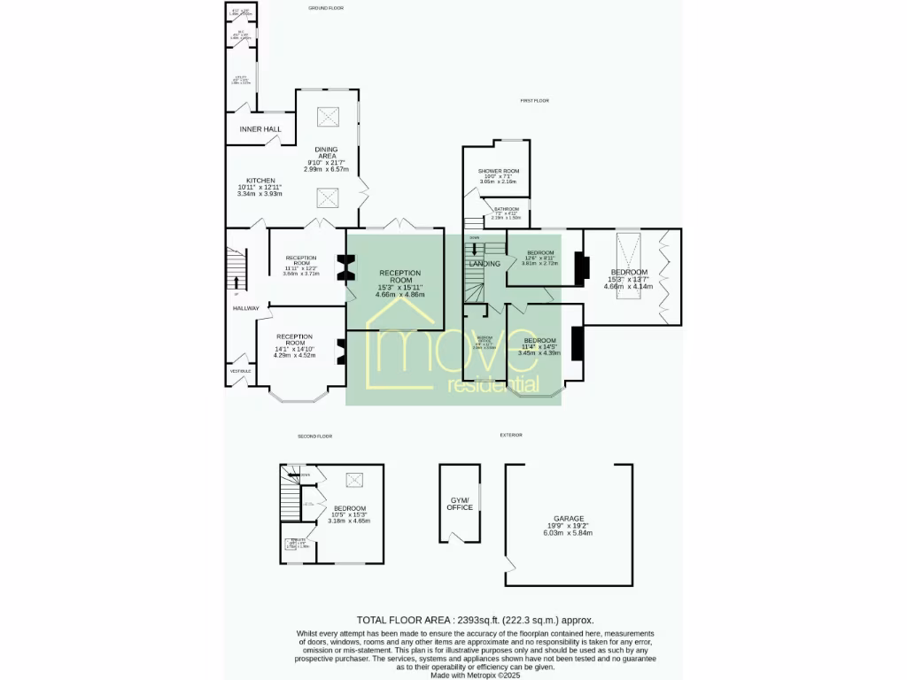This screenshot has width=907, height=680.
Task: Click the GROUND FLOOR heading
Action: pos(326,8)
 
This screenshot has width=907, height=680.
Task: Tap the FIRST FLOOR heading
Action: pos(535,101)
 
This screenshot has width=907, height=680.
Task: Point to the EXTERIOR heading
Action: pos(511,435)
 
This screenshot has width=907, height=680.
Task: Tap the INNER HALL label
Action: pos(260,129)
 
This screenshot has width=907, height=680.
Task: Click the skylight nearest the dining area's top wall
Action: pos(328,114)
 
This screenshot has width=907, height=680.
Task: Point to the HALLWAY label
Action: pos(246,308)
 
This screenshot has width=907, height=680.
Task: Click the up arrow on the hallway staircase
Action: pos(236,282)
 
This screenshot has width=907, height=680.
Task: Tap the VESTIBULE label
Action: pos(242,371)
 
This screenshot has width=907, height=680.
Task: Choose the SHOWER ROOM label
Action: pos(499,171)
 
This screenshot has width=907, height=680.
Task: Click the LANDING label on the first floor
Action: pos(485,264)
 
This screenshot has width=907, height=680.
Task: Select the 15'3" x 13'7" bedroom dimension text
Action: pos(628,280)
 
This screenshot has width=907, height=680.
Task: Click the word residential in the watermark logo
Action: pos(493,385)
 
